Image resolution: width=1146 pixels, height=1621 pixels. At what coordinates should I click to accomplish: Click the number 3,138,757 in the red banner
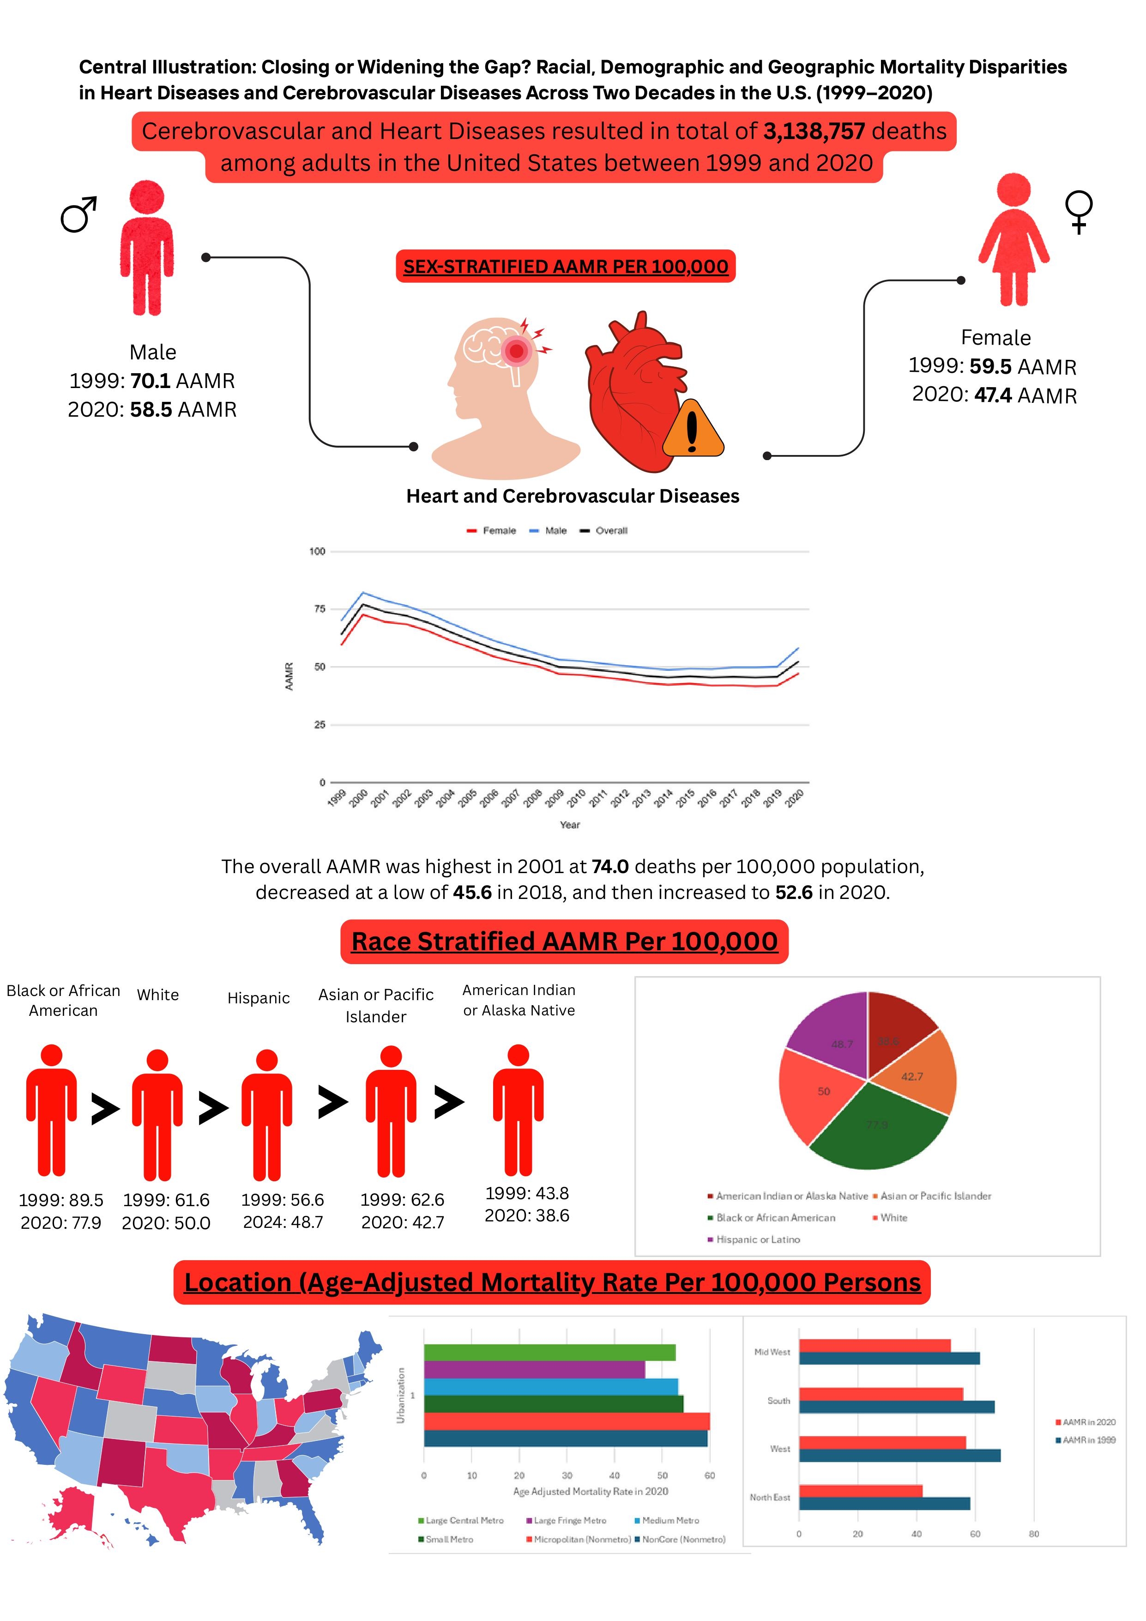pyautogui.click(x=814, y=131)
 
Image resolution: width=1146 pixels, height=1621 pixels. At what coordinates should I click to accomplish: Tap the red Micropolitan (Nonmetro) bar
pyautogui.click(x=566, y=1421)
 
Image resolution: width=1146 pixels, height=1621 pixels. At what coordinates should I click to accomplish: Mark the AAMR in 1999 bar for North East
pyautogui.click(x=884, y=1503)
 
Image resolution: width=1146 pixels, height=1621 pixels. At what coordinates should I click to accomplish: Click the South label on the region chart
pyautogui.click(x=778, y=1401)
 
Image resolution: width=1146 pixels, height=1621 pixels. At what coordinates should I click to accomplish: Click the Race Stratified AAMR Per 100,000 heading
pyautogui.click(x=565, y=941)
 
